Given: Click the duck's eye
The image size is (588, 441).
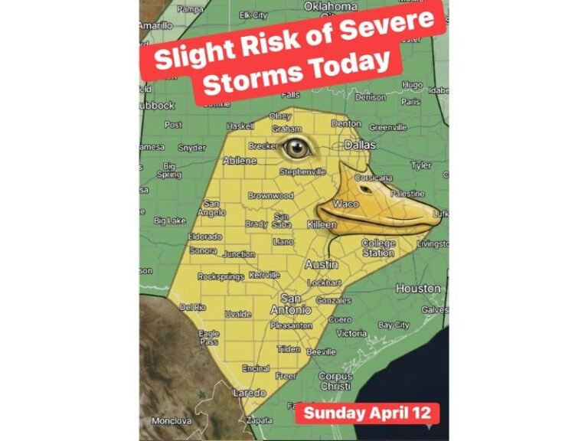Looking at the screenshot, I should (x=296, y=149).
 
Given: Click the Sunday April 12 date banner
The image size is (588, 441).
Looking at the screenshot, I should (x=367, y=413).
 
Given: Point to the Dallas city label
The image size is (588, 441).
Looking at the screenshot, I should (x=361, y=144).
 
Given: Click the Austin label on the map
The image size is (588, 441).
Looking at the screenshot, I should (x=322, y=264).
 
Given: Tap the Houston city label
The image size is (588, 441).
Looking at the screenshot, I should (x=417, y=289).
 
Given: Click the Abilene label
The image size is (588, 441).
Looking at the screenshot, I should (x=240, y=161).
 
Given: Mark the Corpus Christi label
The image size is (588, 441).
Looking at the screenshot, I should (x=335, y=381).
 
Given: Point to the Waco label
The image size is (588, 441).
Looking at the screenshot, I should (x=345, y=204).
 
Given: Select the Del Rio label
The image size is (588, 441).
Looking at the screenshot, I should (x=193, y=307).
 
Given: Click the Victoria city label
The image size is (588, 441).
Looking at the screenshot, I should (x=351, y=333).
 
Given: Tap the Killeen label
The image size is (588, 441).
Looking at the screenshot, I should (x=321, y=225).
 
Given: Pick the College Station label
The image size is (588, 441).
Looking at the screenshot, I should (x=378, y=248).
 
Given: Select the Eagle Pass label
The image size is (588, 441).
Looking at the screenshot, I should (x=208, y=338).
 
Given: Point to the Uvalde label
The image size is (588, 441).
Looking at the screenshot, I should (x=238, y=315).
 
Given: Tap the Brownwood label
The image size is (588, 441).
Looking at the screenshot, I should (x=270, y=196).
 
